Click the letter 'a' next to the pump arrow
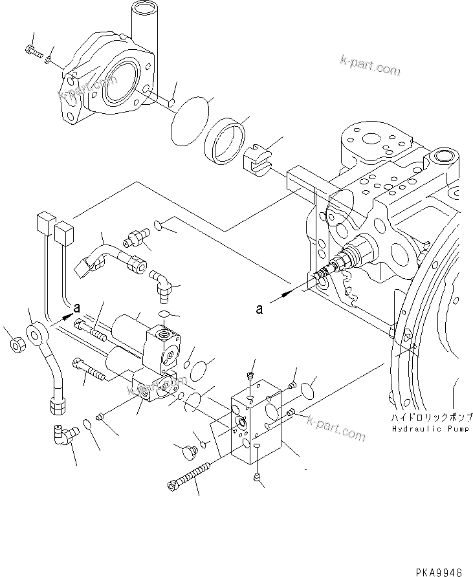pyautogui.click(x=259, y=309)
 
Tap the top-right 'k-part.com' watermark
pyautogui.click(x=370, y=66)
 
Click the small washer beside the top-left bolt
pyautogui.click(x=49, y=61)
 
